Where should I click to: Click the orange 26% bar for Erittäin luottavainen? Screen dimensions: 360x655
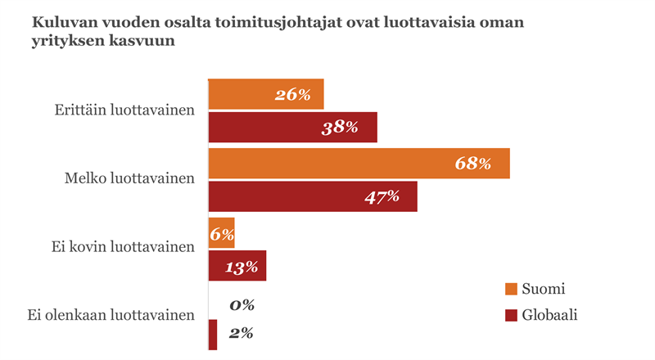tap(266, 94)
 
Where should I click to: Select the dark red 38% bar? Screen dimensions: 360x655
tap(292, 128)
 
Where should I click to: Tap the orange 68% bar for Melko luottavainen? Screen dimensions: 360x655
tap(359, 163)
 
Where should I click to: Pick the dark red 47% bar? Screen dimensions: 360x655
tap(313, 196)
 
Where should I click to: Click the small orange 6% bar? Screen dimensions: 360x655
tap(221, 233)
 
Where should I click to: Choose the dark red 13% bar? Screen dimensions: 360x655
tap(237, 266)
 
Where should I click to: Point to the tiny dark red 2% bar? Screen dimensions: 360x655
tap(213, 334)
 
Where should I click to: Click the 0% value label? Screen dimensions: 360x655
tap(242, 305)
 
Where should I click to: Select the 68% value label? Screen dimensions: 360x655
tap(472, 164)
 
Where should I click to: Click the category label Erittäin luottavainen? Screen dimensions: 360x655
tap(124, 110)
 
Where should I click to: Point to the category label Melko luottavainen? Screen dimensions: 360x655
tap(129, 178)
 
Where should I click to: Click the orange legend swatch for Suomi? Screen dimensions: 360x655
tap(512, 289)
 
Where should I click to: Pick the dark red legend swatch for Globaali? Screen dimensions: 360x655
tap(512, 314)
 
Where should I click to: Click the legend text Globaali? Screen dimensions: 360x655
tap(550, 314)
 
